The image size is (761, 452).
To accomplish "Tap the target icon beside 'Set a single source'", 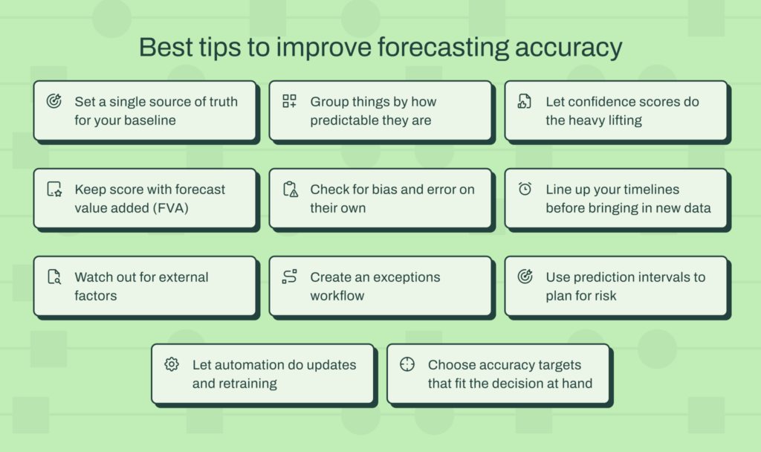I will point(54,102).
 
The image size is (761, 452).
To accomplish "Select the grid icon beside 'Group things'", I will point(289,102).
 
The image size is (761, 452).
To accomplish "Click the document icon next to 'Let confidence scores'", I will point(525,102).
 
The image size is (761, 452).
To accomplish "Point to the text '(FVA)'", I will point(172,207).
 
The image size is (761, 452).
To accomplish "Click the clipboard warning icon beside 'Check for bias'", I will point(290,190).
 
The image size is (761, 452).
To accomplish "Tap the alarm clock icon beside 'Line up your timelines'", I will point(525,190).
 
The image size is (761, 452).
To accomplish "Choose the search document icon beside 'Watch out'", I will point(54,277).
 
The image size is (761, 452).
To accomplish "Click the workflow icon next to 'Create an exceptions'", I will point(289,277).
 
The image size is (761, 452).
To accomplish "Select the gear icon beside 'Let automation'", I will point(172,364).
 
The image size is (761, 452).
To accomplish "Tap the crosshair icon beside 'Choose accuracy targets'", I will point(407,364).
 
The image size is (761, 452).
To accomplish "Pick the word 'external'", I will point(184,277).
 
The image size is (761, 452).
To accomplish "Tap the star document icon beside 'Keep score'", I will point(54,190).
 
